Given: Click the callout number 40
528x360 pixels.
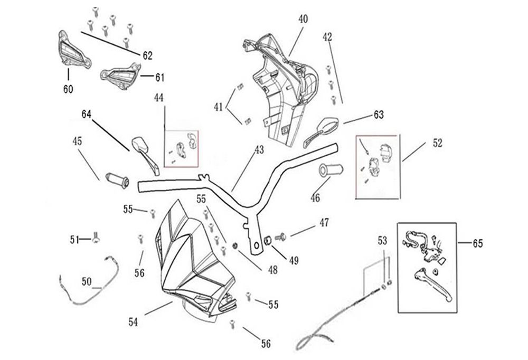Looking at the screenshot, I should tap(303, 19).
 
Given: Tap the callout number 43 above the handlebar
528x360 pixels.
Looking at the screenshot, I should tap(259, 150).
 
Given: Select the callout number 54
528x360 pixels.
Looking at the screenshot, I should tap(134, 321).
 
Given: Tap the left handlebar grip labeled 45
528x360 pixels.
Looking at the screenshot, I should tap(117, 178).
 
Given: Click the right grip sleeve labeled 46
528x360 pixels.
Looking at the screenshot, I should tap(331, 171).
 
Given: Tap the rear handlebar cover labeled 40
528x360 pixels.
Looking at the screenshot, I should tap(280, 84).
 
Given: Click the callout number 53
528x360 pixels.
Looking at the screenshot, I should tap(382, 241).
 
